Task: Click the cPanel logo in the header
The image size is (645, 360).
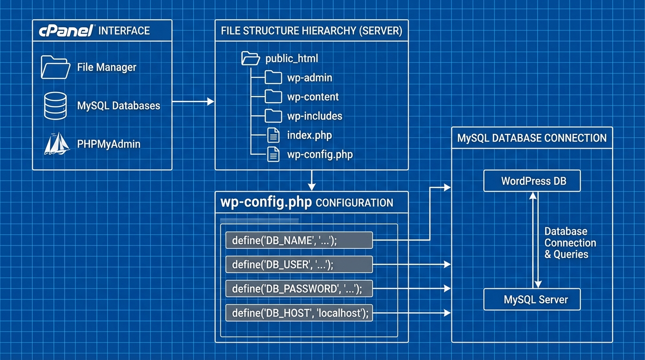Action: (x=66, y=31)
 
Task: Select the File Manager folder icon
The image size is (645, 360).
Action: (x=55, y=67)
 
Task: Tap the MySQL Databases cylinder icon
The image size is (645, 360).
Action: (x=55, y=105)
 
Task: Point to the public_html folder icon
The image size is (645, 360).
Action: (x=250, y=59)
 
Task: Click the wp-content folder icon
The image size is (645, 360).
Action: (x=273, y=97)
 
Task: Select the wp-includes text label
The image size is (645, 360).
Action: (x=315, y=116)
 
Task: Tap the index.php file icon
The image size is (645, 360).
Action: (x=273, y=135)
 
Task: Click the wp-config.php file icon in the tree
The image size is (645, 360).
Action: (x=273, y=155)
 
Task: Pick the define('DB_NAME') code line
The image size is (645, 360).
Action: (x=299, y=240)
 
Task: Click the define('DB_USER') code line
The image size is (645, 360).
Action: (x=299, y=265)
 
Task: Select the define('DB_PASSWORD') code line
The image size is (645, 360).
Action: (x=299, y=289)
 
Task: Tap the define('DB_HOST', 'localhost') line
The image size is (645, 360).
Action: (x=299, y=313)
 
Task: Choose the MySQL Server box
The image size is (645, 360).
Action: (x=532, y=300)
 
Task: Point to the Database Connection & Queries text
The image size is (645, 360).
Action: (x=570, y=243)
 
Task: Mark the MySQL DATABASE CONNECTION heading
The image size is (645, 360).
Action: (x=532, y=138)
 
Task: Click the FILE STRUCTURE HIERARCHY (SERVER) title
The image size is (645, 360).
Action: (x=311, y=31)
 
